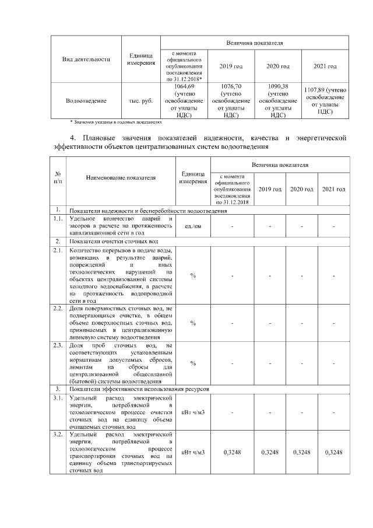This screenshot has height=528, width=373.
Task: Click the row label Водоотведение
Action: click(x=86, y=100)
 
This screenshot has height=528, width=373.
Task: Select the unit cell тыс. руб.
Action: click(x=140, y=100)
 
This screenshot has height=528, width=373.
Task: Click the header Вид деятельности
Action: click(x=86, y=59)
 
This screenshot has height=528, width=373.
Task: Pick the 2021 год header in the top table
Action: click(x=325, y=67)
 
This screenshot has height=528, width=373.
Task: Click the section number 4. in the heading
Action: click(x=72, y=138)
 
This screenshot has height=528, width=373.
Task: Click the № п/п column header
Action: click(x=58, y=178)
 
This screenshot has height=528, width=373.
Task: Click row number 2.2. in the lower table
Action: click(x=58, y=307)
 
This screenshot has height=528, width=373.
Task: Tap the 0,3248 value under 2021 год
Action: click(x=334, y=452)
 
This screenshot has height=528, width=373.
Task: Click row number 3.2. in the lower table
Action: click(x=58, y=435)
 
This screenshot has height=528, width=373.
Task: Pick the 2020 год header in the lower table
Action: click(x=302, y=190)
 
